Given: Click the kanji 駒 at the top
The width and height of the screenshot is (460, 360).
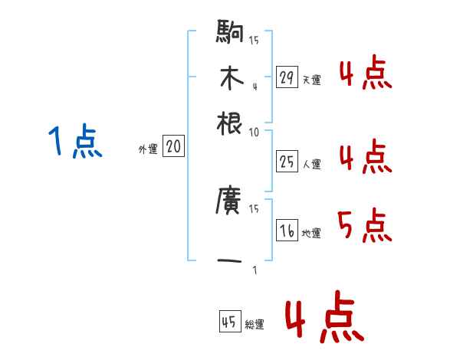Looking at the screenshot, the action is click(230, 33).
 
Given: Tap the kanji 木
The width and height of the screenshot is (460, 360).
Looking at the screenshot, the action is click(230, 79).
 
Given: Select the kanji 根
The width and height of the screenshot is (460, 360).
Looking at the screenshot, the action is click(230, 124).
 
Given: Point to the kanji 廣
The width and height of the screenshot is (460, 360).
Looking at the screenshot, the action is click(230, 203).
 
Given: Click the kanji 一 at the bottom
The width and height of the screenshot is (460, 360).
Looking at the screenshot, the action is click(230, 262).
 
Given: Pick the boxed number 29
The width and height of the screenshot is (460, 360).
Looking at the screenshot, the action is click(287, 77).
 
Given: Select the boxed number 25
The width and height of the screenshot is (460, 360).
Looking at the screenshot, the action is click(287, 162).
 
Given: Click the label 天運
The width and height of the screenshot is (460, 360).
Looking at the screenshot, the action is click(311, 80).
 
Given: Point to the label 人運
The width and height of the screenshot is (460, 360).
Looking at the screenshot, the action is click(311, 164).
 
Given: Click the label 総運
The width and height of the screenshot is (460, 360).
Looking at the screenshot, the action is click(254, 324).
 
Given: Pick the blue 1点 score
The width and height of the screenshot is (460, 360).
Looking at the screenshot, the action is click(75, 142).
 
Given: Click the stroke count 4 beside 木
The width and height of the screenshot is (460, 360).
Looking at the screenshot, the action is click(254, 87).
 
